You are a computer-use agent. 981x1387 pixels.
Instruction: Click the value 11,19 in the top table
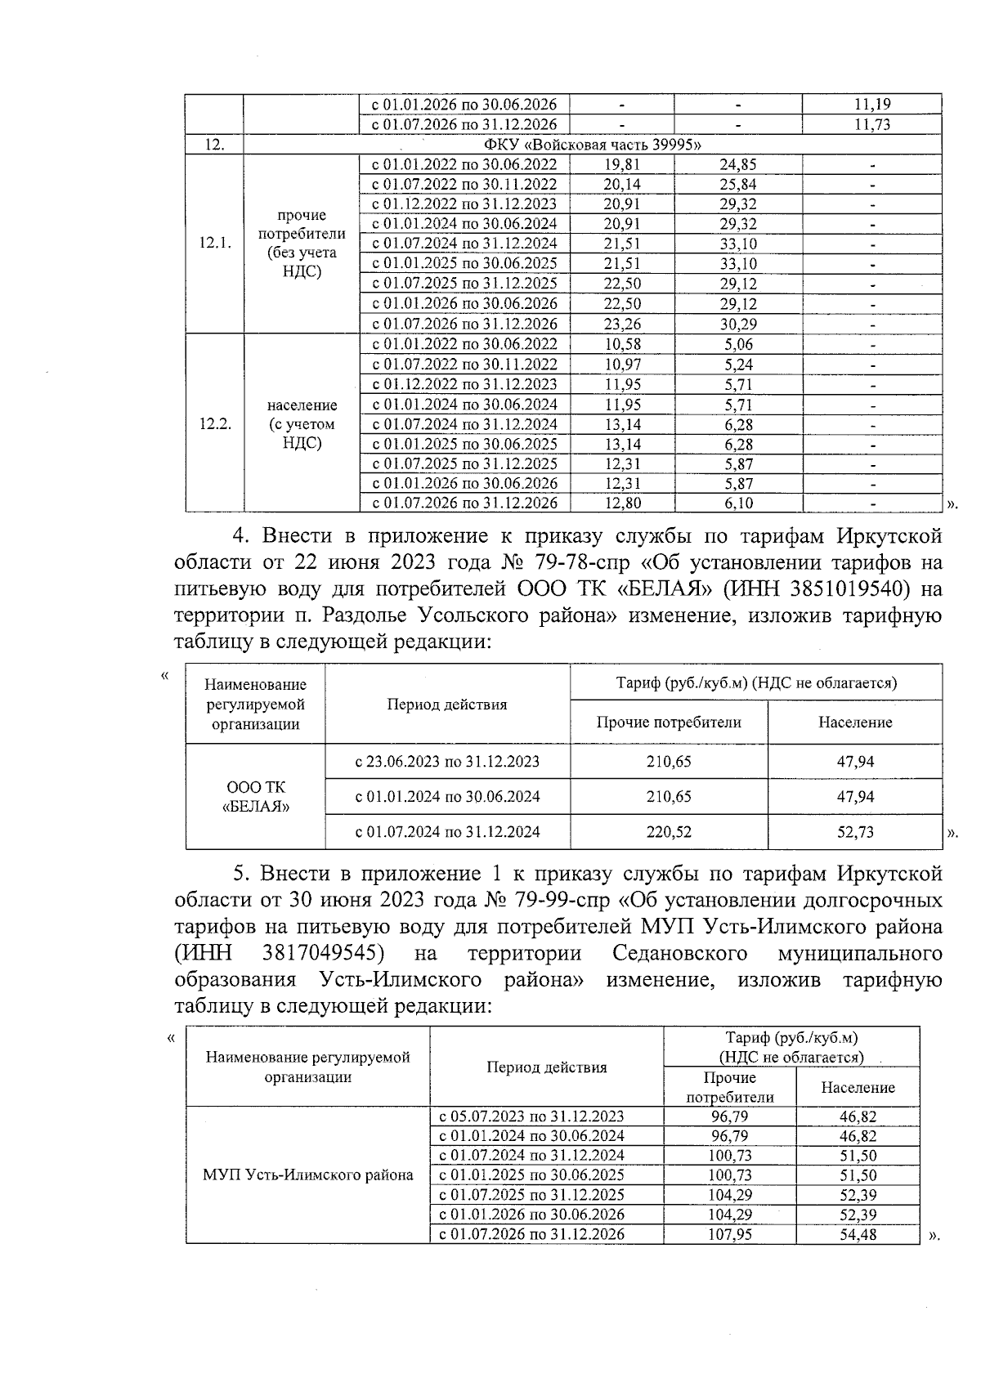coord(871,104)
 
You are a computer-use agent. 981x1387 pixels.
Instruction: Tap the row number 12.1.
coord(214,244)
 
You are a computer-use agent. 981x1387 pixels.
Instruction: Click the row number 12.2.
coord(214,424)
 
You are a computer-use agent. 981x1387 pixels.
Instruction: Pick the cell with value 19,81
coord(621,164)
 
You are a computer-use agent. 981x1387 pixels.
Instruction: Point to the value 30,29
coord(737,324)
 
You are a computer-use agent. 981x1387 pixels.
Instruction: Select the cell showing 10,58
coord(621,344)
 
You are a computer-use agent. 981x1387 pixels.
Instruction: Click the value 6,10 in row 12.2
coord(737,503)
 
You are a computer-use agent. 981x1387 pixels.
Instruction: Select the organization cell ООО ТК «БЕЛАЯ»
coord(255,796)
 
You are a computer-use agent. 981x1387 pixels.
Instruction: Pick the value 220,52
coord(668,832)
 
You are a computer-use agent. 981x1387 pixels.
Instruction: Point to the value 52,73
coord(854,832)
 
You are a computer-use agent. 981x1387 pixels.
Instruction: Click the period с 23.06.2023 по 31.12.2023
coord(447,762)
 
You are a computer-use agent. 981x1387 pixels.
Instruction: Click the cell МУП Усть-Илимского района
coord(307,1175)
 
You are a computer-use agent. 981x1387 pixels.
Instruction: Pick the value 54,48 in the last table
coord(857,1234)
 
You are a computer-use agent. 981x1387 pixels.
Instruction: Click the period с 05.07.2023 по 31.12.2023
coord(531,1116)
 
